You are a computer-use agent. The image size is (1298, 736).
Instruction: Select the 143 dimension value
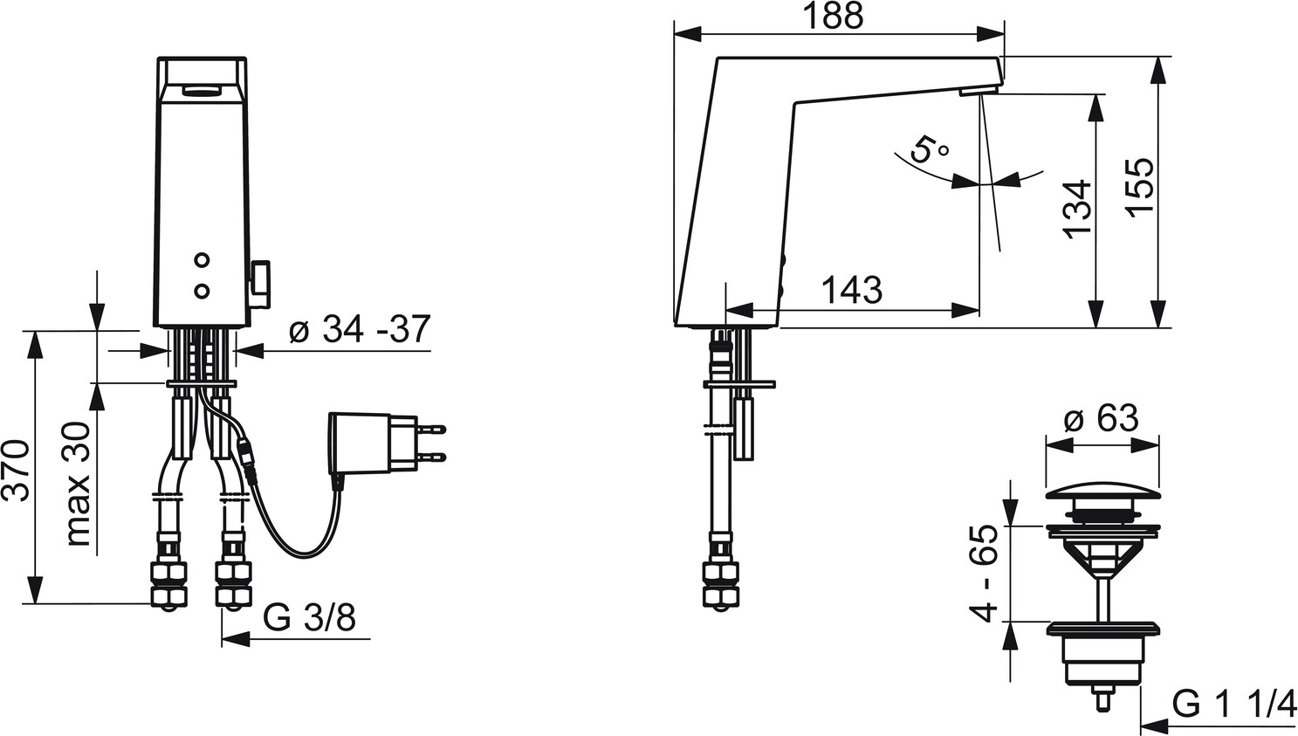coord(853,290)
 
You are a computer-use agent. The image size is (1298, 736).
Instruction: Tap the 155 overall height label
coord(1141,188)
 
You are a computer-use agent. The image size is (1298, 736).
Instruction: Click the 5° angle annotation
coord(928,148)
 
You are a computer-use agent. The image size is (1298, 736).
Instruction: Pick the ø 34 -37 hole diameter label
coord(360,329)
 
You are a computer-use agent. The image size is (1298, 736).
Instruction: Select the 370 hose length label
coord(17,471)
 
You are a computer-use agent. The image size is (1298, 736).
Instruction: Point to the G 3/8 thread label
coord(309,618)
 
